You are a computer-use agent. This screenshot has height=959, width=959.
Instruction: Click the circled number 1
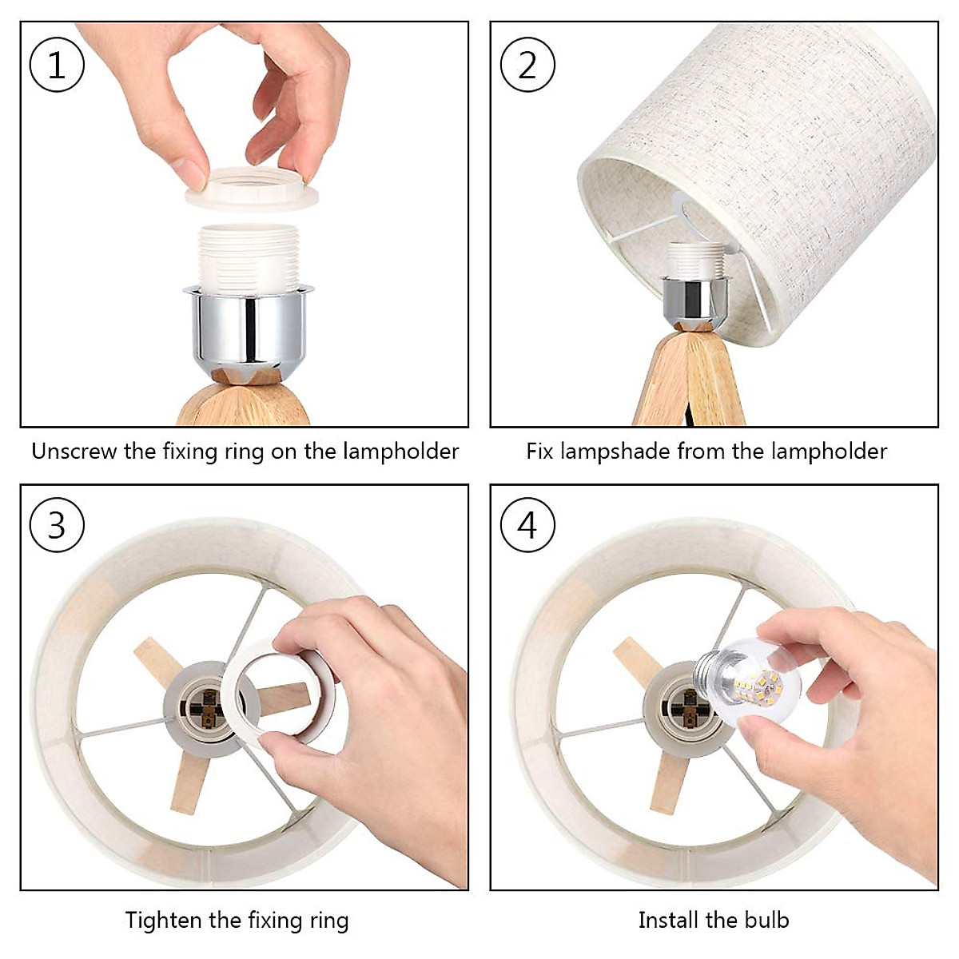coord(57,65)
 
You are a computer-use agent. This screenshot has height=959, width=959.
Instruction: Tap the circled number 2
coord(527,65)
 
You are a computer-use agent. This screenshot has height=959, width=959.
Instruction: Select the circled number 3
coord(57,524)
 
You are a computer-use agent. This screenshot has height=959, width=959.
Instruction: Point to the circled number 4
coord(527,524)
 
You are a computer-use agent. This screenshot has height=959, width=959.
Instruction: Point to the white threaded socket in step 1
coord(248,257)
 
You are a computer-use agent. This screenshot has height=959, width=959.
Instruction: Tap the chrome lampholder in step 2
coord(695,299)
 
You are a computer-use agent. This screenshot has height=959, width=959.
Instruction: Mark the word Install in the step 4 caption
coord(667,920)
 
